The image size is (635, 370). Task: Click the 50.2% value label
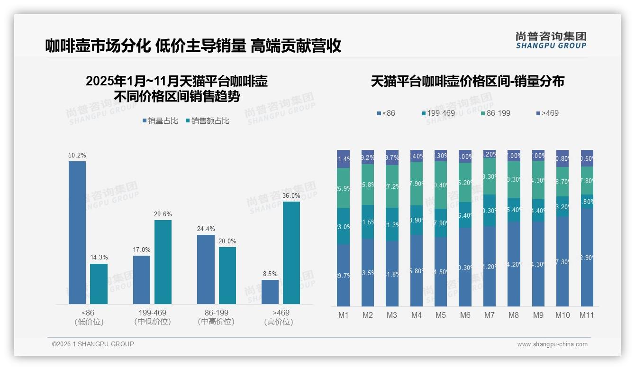[x=77, y=156]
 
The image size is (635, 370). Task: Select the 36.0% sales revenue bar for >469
[x=291, y=252]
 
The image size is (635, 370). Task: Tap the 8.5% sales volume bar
[x=270, y=292]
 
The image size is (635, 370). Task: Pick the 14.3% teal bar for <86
[x=99, y=284]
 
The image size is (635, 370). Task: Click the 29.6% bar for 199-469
[x=163, y=262]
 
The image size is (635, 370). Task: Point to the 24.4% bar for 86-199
[x=206, y=269]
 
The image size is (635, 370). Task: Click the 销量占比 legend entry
[x=160, y=121]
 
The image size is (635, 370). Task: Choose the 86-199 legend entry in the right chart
[x=495, y=113]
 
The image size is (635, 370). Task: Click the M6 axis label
[x=465, y=315]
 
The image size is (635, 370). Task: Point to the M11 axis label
[x=587, y=315]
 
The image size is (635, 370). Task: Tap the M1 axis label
[x=344, y=315]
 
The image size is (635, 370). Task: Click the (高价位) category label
[x=278, y=322]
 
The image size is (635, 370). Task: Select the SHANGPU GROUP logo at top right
[x=551, y=40]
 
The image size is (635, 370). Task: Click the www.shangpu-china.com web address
[x=552, y=344]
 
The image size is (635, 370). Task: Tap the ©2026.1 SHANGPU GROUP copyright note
[x=93, y=344]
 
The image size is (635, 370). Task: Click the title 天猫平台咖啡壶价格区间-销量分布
[x=467, y=81]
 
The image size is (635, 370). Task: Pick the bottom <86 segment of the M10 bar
[x=562, y=261]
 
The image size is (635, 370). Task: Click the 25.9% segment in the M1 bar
[x=344, y=188]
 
